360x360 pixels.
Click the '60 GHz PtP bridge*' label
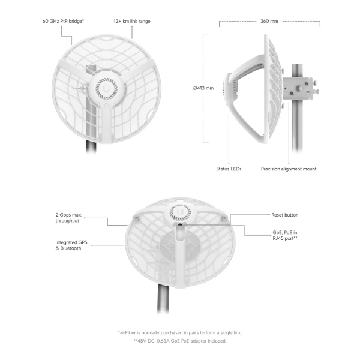63,21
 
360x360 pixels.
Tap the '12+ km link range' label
132,21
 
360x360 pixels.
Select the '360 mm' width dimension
269,21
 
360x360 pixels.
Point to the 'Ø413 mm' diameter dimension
203,88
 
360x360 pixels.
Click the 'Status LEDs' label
229,169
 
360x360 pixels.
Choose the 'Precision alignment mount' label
289,169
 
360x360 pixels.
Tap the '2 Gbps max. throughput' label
68,218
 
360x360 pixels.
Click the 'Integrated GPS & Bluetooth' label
71,245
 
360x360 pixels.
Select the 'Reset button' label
284,215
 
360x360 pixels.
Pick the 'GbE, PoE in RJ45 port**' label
285,235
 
